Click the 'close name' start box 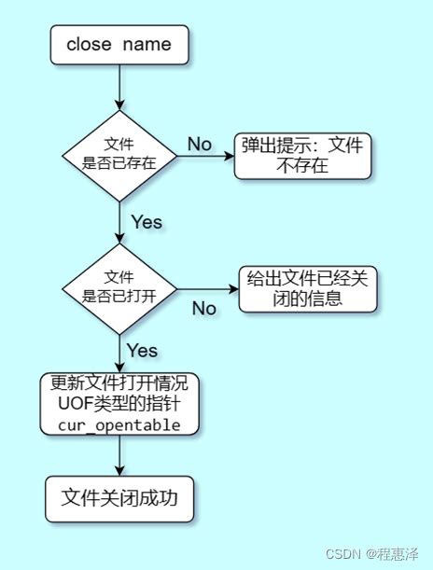pyautogui.click(x=119, y=44)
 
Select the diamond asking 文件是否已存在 pyautogui.click(x=119, y=155)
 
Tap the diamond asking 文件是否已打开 pyautogui.click(x=119, y=288)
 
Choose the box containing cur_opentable pyautogui.click(x=120, y=404)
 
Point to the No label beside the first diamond pyautogui.click(x=200, y=144)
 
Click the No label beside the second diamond pyautogui.click(x=204, y=308)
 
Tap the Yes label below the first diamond pyautogui.click(x=147, y=222)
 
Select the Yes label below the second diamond pyautogui.click(x=142, y=351)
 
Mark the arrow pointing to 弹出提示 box pyautogui.click(x=205, y=156)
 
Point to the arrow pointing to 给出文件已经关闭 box pyautogui.click(x=208, y=289)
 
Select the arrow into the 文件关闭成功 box pyautogui.click(x=119, y=456)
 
